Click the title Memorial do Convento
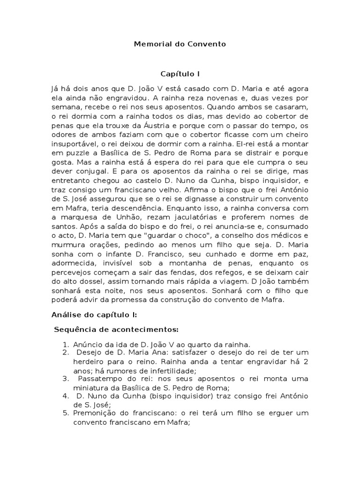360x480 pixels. (x=180, y=44)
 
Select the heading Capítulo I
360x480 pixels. (x=180, y=74)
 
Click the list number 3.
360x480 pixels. (x=66, y=378)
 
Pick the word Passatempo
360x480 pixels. (x=100, y=378)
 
